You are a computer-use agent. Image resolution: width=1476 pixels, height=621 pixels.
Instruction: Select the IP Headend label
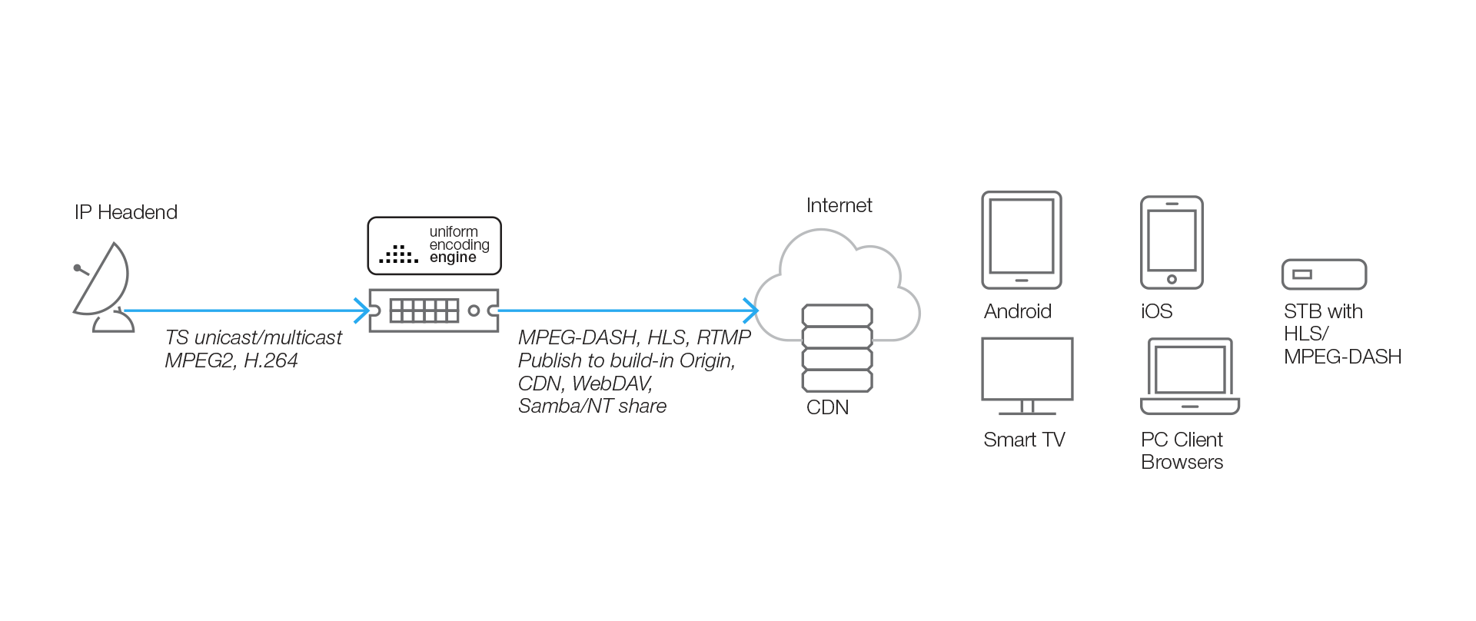coord(126,212)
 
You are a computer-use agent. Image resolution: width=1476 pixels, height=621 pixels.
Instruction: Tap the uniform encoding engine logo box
coord(434,246)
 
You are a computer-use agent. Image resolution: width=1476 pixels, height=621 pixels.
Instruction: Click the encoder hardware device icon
coord(434,310)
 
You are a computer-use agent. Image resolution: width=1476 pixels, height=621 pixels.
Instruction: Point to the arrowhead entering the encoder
coord(362,310)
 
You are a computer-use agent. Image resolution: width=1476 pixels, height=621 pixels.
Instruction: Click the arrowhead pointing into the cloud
coord(751,310)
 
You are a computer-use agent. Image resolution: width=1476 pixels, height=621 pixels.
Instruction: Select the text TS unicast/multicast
coord(253,337)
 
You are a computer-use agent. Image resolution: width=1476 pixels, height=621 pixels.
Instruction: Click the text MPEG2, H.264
coord(231,360)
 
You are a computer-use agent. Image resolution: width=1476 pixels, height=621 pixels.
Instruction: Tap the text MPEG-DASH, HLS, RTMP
coord(634,337)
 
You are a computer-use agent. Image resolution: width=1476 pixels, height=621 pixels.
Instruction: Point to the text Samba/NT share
coord(592,406)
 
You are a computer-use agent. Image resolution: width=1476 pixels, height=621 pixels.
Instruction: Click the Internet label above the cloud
coord(839,205)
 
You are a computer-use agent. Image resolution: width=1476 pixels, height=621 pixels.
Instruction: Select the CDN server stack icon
coord(837,348)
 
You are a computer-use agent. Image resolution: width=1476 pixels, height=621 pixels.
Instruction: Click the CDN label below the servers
coord(827,407)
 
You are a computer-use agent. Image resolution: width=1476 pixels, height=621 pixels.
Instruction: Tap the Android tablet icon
coord(1021,240)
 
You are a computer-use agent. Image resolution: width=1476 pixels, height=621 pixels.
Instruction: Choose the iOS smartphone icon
coord(1172,242)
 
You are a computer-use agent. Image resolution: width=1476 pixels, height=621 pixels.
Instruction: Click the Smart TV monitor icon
coord(1027,375)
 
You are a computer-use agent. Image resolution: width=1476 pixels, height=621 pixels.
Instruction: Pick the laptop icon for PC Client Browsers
coord(1190,377)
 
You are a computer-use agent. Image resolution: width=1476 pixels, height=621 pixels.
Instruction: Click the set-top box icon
coord(1324,274)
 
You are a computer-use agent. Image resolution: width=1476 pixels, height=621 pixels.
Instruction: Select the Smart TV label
coord(1024,440)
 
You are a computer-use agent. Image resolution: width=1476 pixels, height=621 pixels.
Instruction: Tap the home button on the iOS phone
coord(1172,280)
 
